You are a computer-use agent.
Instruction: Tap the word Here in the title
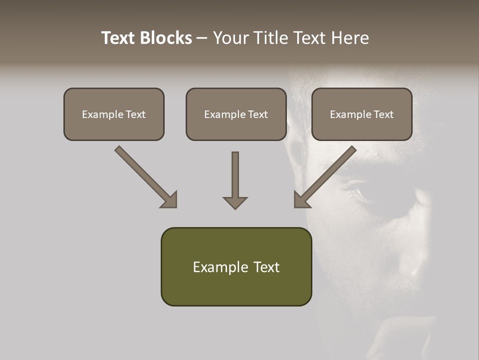(x=349, y=38)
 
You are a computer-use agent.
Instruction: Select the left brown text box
(x=114, y=114)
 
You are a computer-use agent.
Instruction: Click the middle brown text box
(x=236, y=114)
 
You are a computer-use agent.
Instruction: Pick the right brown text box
(x=362, y=114)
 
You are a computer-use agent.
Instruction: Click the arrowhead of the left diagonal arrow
(x=170, y=200)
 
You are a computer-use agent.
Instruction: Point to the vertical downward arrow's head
(x=235, y=202)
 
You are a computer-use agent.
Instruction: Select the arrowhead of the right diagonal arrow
(x=301, y=200)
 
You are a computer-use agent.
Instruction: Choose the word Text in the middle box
(x=258, y=114)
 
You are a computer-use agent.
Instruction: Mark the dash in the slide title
(x=202, y=38)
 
